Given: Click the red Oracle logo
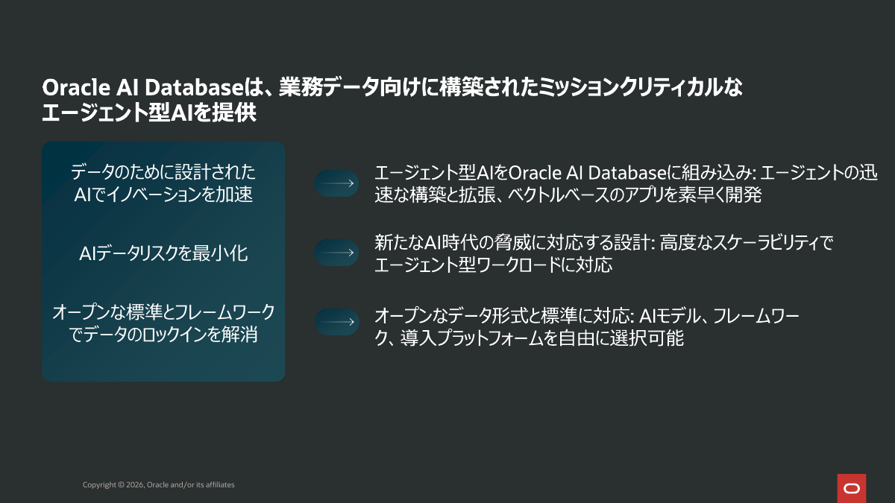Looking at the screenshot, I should (x=851, y=488).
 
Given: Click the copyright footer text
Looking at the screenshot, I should (x=158, y=485).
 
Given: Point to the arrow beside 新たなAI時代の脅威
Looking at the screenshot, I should (x=336, y=253).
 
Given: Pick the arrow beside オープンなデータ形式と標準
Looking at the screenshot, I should (x=336, y=322).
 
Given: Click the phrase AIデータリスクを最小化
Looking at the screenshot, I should (x=163, y=253).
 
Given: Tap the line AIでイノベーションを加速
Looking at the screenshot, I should (x=163, y=195).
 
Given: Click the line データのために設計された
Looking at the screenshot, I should (x=163, y=173).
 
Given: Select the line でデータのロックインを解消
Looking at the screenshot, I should (x=163, y=335).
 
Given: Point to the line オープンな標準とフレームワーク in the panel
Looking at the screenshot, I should (x=163, y=312).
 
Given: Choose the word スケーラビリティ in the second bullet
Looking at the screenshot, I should (x=751, y=242).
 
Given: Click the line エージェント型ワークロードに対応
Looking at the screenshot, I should (x=493, y=265).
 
